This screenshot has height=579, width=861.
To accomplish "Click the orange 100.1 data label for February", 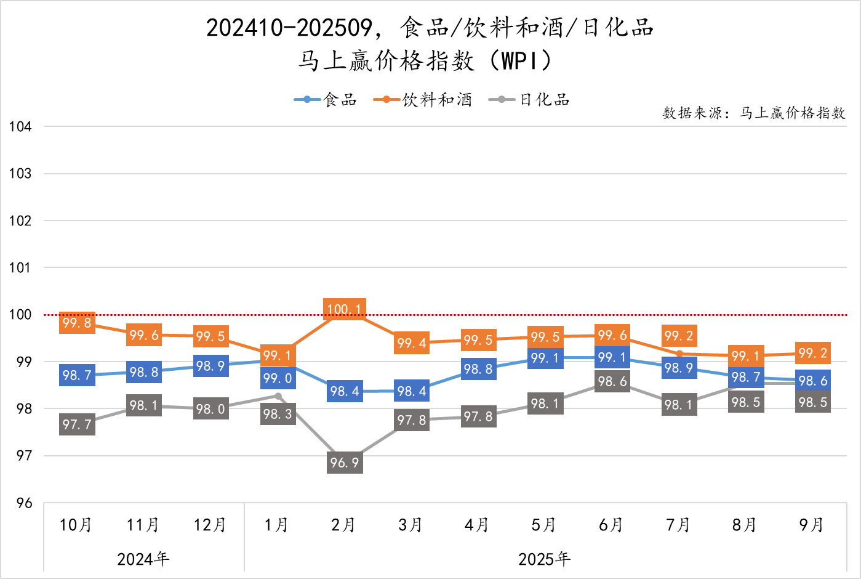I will pyautogui.click(x=345, y=309).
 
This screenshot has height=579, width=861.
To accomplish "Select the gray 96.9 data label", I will pyautogui.click(x=345, y=463).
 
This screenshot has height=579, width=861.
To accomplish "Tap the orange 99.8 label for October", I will pyautogui.click(x=77, y=323).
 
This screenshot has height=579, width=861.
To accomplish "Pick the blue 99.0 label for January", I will pyautogui.click(x=278, y=378).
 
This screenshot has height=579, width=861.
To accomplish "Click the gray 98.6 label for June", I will pyautogui.click(x=612, y=381).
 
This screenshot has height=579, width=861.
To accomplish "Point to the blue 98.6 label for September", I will pyautogui.click(x=813, y=381).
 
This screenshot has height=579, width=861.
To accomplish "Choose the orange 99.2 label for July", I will pyautogui.click(x=679, y=336).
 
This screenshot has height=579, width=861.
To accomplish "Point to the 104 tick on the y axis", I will pyautogui.click(x=20, y=127).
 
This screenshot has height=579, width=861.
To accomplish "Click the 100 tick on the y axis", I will pyautogui.click(x=20, y=315).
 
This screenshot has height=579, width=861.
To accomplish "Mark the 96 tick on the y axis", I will pyautogui.click(x=24, y=503).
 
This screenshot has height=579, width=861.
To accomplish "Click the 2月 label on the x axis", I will pyautogui.click(x=343, y=525).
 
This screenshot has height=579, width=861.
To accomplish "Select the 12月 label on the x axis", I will pyautogui.click(x=210, y=525).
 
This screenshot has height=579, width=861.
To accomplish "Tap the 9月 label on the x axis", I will pyautogui.click(x=812, y=525).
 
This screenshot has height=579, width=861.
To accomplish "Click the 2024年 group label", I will pyautogui.click(x=143, y=559).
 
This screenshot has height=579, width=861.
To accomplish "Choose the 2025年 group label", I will pyautogui.click(x=545, y=559).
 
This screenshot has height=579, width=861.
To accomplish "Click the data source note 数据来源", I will pyautogui.click(x=753, y=113).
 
